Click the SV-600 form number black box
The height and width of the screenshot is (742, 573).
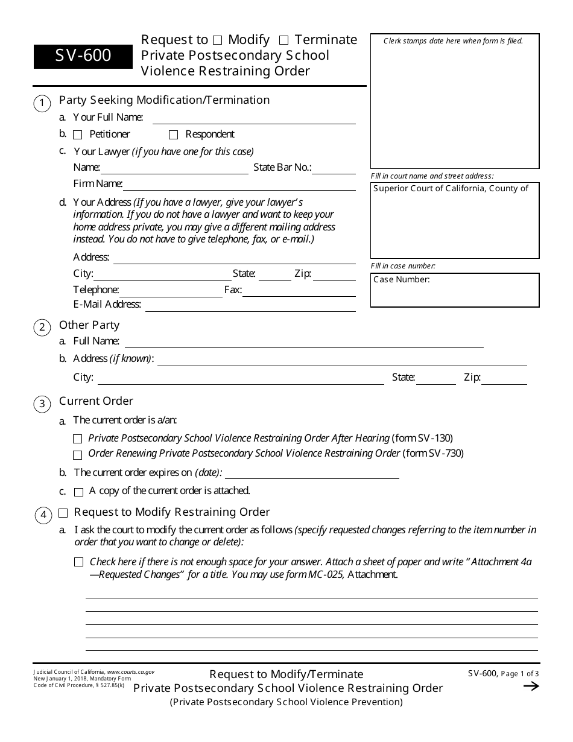pos(83,56)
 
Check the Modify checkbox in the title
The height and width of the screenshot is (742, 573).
pos(218,40)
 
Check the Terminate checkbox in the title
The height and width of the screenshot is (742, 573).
pos(283,40)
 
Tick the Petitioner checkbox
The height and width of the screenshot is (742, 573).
pos(78,135)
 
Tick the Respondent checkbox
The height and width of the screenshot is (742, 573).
pos(174,135)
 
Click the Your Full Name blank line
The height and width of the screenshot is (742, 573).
pos(254,118)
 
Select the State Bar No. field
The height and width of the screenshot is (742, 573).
pos(334,168)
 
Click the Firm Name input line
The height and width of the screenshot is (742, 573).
pos(239,185)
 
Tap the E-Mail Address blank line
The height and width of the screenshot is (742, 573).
pos(250,305)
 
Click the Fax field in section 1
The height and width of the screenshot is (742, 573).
pos(299,291)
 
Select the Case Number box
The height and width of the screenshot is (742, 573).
pos(455,290)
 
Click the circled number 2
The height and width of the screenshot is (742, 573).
pos(42,328)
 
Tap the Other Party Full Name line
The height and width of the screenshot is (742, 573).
pos(303,342)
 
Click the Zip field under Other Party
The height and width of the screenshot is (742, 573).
pos(504,379)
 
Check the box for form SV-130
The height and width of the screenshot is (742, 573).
pos(78,439)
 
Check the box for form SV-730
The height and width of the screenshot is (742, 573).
pos(78,455)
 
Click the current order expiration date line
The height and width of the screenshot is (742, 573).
pos(311,473)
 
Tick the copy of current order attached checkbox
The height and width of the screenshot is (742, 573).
pos(78,492)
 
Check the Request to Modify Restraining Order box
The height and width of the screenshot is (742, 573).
pos(63,513)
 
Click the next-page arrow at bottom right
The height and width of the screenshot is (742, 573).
pos(531,686)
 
